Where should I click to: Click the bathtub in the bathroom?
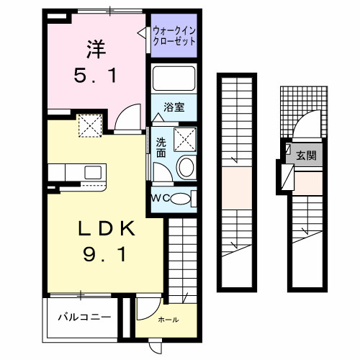174,79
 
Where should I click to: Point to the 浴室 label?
173,107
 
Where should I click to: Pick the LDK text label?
107,230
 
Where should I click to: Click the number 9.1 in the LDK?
107,256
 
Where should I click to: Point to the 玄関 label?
307,156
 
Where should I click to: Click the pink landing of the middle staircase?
236,186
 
